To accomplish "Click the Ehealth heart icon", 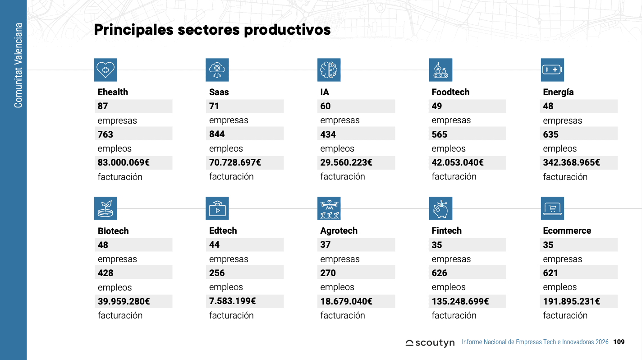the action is [x=105, y=70].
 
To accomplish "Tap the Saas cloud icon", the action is [x=217, y=70].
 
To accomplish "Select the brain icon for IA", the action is [x=329, y=70].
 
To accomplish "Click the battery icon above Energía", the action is [x=552, y=70].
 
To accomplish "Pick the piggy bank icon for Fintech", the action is [x=441, y=208].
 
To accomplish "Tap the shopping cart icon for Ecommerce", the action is [x=552, y=208].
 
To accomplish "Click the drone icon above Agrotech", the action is [x=329, y=208].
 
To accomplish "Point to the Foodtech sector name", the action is [x=450, y=92].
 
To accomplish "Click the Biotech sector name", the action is [x=113, y=231].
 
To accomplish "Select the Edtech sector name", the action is [x=223, y=231].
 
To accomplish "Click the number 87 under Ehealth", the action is [x=103, y=106].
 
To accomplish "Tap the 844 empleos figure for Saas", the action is [x=217, y=134].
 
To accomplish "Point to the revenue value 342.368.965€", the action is [x=572, y=163].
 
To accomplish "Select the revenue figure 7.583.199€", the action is [x=233, y=301].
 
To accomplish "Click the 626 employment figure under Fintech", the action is [x=440, y=273].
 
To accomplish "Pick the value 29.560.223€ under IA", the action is [x=346, y=163].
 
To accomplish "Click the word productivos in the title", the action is [x=288, y=30].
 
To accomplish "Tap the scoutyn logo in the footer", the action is [x=430, y=342].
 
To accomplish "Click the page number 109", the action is [x=619, y=342].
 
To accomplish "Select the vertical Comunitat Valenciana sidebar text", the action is [x=18, y=65].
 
